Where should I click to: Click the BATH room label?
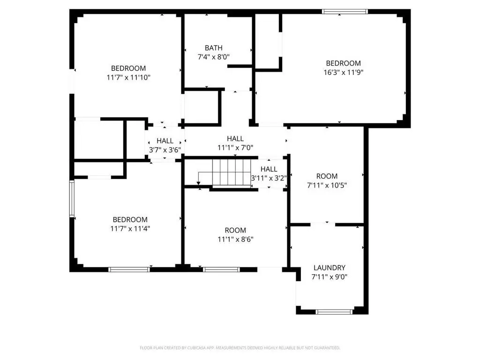214,48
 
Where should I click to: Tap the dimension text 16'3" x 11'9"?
344,73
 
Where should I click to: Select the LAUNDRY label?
330,268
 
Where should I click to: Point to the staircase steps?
232,172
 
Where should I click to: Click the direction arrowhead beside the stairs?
198,183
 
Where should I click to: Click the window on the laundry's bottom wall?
334,312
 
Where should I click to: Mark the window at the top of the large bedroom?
345,12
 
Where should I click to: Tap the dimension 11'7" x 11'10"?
128,77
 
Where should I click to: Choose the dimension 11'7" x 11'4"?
130,229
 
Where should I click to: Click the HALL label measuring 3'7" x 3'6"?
165,141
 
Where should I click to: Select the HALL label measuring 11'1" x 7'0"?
235,138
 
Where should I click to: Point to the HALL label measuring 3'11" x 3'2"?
269,169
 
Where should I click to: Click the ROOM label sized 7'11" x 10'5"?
327,176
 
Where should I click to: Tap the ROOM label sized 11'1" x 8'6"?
235,230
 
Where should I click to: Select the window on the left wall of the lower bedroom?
72,199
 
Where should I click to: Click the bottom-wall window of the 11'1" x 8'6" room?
221,270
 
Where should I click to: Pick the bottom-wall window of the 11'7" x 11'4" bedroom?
129,270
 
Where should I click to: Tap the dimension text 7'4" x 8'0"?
214,57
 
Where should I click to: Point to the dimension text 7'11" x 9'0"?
330,277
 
